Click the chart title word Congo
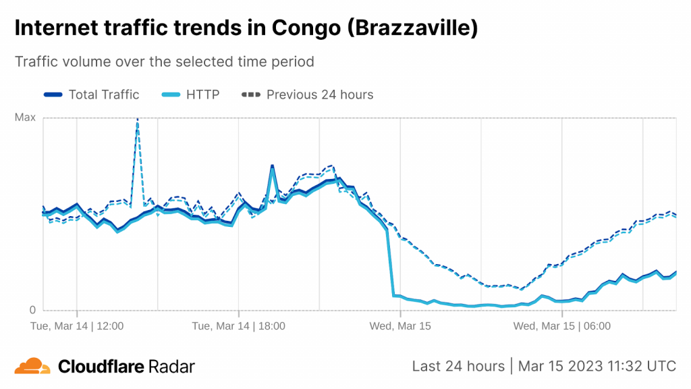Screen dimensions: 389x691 304,28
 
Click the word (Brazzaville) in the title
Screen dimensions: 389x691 412,28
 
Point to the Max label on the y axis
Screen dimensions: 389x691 25,118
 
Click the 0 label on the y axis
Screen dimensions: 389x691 31,311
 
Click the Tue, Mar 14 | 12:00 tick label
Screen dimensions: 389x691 77,326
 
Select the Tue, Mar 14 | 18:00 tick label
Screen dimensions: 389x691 238,326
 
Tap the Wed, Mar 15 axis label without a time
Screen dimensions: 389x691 400,326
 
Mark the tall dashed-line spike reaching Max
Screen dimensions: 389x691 138,122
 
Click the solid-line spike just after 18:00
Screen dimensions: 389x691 272,166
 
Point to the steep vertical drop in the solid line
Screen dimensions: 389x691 391,263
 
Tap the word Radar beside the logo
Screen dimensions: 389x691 170,367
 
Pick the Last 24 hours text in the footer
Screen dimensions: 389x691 458,366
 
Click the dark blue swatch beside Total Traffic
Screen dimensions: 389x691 53,95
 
